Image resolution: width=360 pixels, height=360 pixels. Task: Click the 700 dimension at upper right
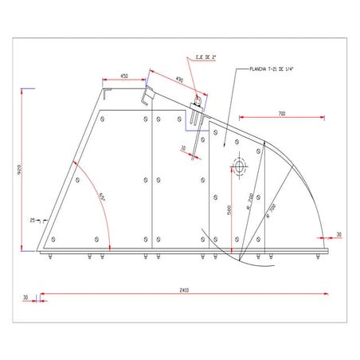[x=283, y=114]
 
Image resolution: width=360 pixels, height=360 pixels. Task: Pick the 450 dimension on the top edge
[x=125, y=76]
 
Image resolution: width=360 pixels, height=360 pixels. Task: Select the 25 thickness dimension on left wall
[x=32, y=219]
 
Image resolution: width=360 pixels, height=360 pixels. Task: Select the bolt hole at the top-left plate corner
[x=102, y=119]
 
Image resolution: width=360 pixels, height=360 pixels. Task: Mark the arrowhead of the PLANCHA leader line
[x=225, y=148]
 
